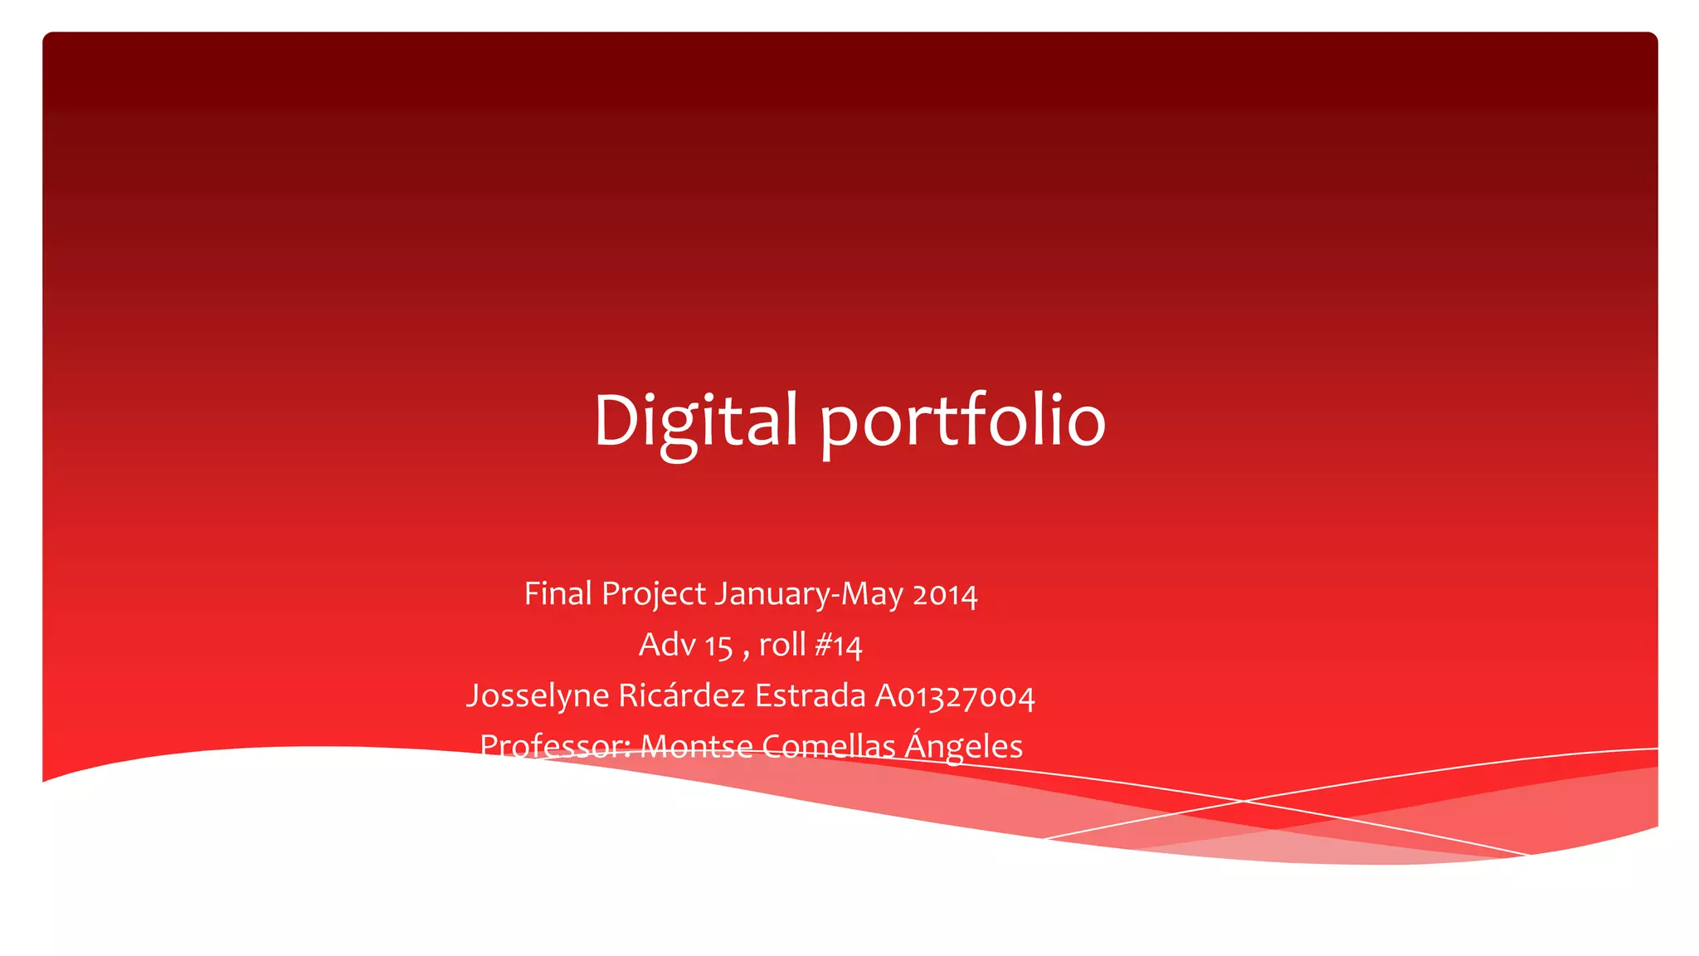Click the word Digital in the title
695,420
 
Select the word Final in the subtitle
557,594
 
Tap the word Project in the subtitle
654,594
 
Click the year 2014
945,595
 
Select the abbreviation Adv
666,645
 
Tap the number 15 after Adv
718,646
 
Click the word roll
781,645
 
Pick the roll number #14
839,646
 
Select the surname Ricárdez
682,695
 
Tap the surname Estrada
810,695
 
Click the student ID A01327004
955,696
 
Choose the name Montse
696,746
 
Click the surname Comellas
828,746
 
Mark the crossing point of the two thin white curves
1243,800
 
